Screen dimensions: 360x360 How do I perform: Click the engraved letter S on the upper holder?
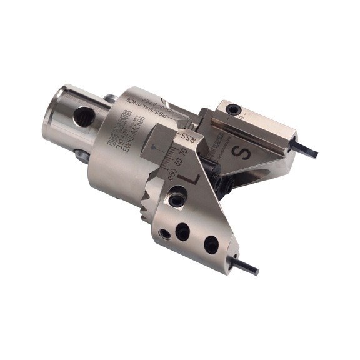point(245,151)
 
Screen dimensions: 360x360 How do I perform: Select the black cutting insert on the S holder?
point(306,151)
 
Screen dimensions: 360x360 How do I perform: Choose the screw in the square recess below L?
point(177,201)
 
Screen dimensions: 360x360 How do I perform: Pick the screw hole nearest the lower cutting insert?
point(211,246)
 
